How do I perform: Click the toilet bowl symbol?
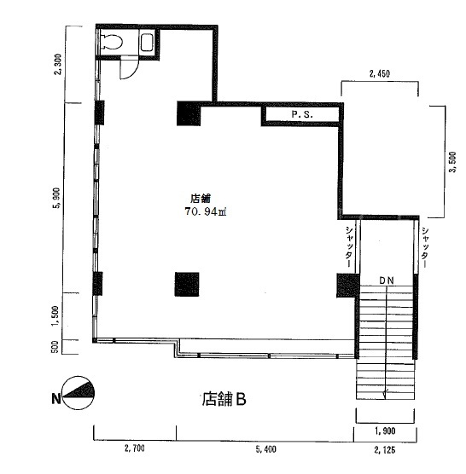point(112,42)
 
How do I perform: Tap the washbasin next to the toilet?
point(148,42)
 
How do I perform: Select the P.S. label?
point(302,114)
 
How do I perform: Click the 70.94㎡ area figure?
point(206,211)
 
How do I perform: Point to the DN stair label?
point(387,280)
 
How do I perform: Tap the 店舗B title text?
point(224,399)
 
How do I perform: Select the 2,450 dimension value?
point(380,73)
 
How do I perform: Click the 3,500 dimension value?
point(452,162)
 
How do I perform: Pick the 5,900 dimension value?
point(56,198)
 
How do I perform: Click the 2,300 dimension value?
point(57,64)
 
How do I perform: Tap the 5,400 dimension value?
point(266,449)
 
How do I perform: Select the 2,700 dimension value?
point(134,448)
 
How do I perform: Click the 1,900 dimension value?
point(385,431)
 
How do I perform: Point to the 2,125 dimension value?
point(385,450)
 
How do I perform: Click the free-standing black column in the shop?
point(187,284)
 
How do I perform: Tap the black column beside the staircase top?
point(348,286)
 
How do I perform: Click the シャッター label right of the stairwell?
point(424,247)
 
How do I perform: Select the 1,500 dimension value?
point(55,316)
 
